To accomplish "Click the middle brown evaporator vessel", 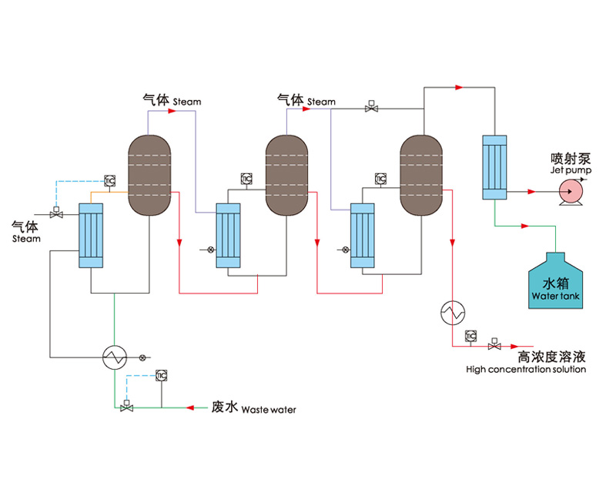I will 287,175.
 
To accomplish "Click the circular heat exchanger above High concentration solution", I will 452,312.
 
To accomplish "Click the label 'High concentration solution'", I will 526,370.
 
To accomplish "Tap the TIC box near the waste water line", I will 161,375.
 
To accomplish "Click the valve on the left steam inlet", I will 55,213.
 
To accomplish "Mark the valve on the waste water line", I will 126,407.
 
